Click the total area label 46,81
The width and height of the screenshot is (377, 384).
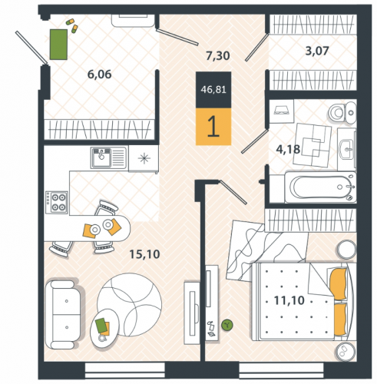[213, 90]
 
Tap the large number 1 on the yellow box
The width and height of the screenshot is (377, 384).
[213, 127]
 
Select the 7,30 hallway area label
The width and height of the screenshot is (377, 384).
[218, 56]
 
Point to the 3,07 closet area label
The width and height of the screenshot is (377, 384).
[317, 51]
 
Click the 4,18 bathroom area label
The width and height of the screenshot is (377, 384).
[288, 149]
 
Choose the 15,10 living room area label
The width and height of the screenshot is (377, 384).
[144, 254]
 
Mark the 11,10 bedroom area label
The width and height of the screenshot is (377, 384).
[289, 300]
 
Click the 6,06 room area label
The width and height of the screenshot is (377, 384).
[100, 74]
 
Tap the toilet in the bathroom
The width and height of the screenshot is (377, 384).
[342, 112]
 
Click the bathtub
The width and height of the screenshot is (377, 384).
[320, 187]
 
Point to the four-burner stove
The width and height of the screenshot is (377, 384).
[57, 202]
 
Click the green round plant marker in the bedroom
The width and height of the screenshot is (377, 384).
[227, 325]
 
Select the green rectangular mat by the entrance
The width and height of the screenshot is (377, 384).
[58, 45]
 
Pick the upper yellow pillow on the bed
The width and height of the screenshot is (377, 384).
[339, 283]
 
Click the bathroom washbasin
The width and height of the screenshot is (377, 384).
[347, 149]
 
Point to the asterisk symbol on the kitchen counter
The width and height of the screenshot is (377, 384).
[144, 158]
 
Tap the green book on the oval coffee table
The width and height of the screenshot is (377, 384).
[101, 326]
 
